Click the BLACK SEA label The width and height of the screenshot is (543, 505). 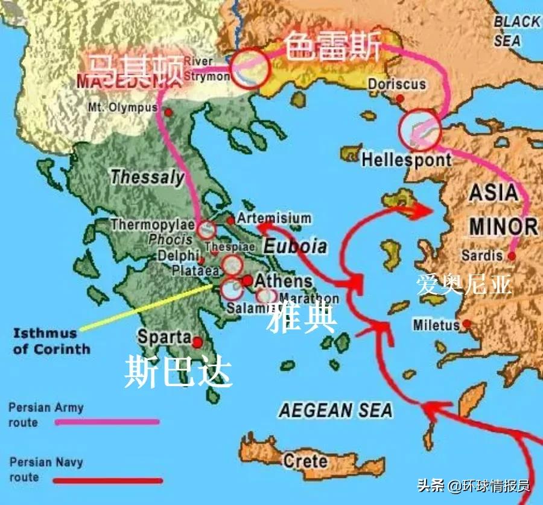coord(517,31)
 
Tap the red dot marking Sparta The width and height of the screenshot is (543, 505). coord(197,342)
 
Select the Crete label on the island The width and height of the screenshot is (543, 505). coord(305,462)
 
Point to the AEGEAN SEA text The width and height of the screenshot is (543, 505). coord(335,411)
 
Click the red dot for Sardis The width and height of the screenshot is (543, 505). coord(512,256)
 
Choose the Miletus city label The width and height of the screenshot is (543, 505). coord(436,325)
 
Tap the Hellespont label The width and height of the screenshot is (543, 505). coord(406,160)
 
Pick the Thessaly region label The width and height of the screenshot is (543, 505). coord(147,177)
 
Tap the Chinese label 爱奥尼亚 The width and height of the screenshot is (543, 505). coord(464,284)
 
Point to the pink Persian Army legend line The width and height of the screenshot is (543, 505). coord(107,422)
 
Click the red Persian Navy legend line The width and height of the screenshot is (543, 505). coord(107,480)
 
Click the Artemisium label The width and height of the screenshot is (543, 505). coord(274,218)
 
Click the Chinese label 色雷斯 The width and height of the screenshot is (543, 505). coord(333,48)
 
